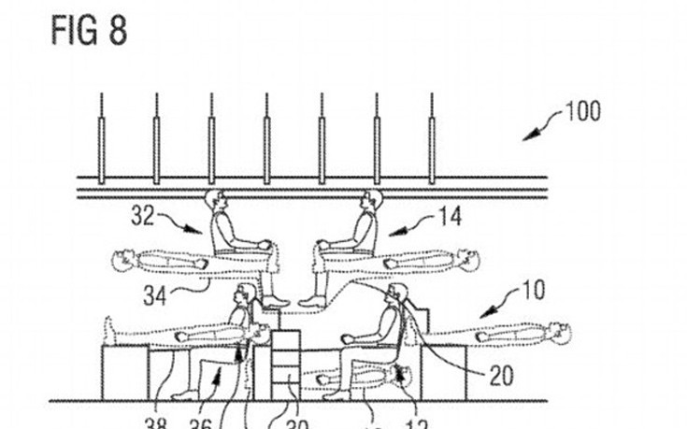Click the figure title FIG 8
[x=88, y=30]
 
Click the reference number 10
[x=533, y=291]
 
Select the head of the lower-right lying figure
[x=558, y=331]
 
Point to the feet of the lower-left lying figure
[x=111, y=329]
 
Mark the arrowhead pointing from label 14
[x=392, y=230]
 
